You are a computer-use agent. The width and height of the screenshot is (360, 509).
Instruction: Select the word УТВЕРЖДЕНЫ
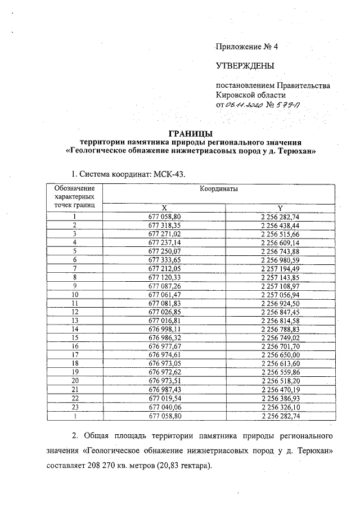[x=245, y=66]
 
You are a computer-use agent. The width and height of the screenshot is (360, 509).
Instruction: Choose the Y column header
[x=280, y=207]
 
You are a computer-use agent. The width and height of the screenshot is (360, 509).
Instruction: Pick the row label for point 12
[x=74, y=311]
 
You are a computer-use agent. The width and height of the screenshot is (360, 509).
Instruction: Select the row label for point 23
[x=74, y=406]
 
